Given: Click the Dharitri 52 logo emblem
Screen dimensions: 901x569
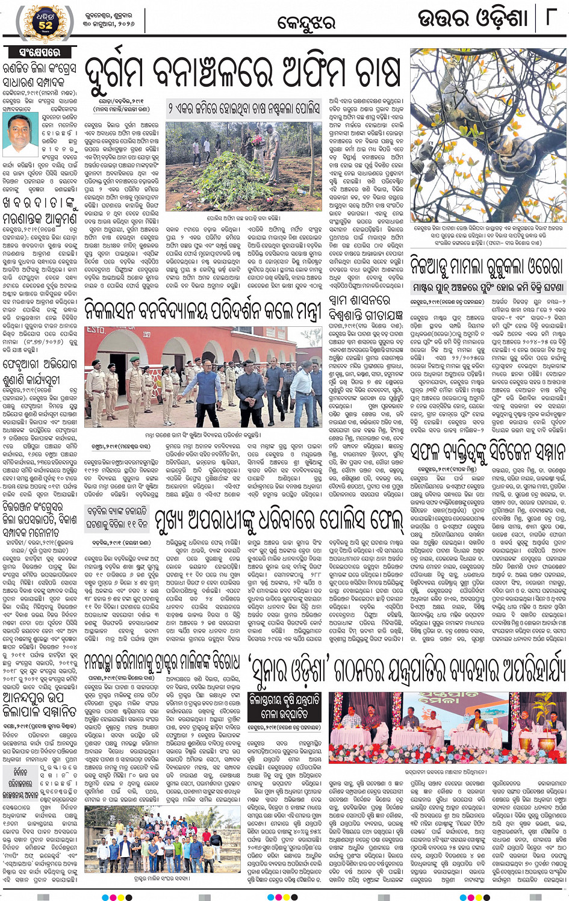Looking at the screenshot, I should point(46,21).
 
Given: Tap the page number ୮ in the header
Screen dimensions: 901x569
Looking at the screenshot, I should point(550,18).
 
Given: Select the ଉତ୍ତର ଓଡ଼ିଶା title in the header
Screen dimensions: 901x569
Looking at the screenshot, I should point(473,19).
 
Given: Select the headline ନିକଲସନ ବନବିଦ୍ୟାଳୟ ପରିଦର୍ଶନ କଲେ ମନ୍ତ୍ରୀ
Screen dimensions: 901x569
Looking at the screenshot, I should point(204,311).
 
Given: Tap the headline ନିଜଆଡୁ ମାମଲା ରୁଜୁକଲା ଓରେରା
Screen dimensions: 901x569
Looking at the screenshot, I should point(487,265).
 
